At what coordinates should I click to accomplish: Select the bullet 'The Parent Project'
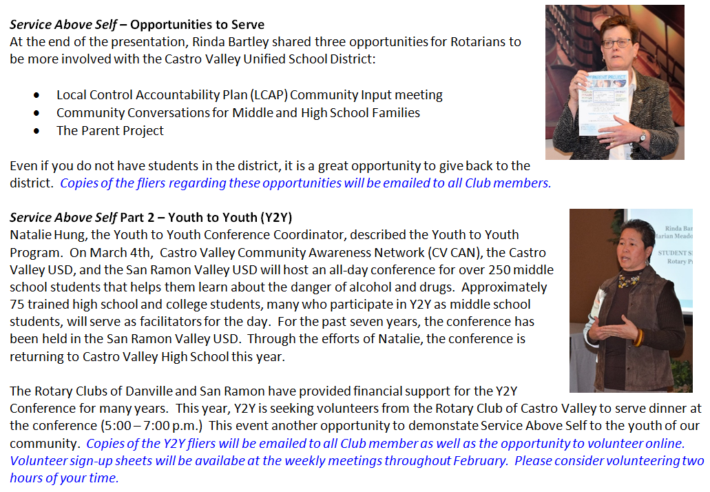(110, 130)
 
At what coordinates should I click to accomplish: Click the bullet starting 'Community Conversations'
(238, 112)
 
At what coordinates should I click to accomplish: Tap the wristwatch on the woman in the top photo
(642, 137)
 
